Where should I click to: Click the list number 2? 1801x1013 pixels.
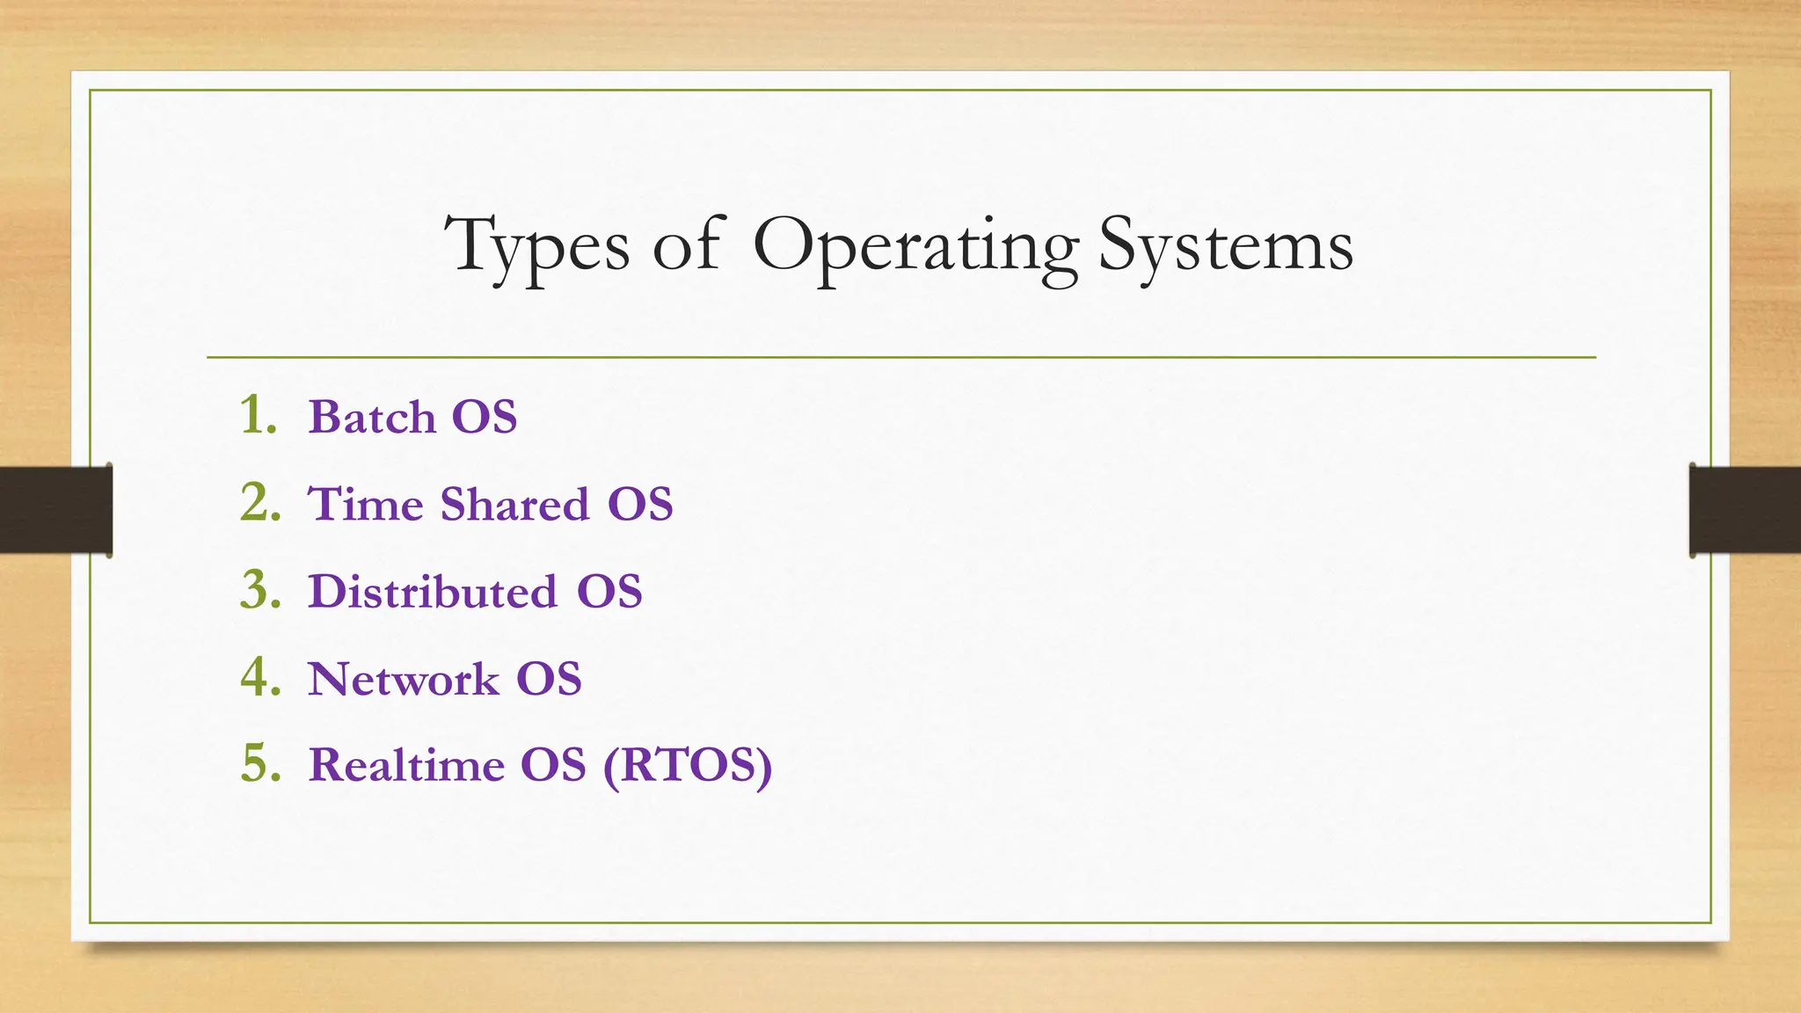260,502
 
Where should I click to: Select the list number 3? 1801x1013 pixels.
260,589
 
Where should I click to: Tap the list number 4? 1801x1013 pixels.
260,677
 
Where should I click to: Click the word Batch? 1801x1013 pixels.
372,416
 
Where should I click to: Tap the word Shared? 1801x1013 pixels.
514,504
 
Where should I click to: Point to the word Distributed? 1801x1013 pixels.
433,591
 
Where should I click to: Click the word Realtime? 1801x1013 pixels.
406,764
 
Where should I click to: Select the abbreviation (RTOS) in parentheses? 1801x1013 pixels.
688,764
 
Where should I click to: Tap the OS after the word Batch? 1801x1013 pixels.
485,416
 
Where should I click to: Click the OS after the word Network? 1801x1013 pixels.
549,679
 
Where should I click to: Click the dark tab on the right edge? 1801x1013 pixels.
1745,510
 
